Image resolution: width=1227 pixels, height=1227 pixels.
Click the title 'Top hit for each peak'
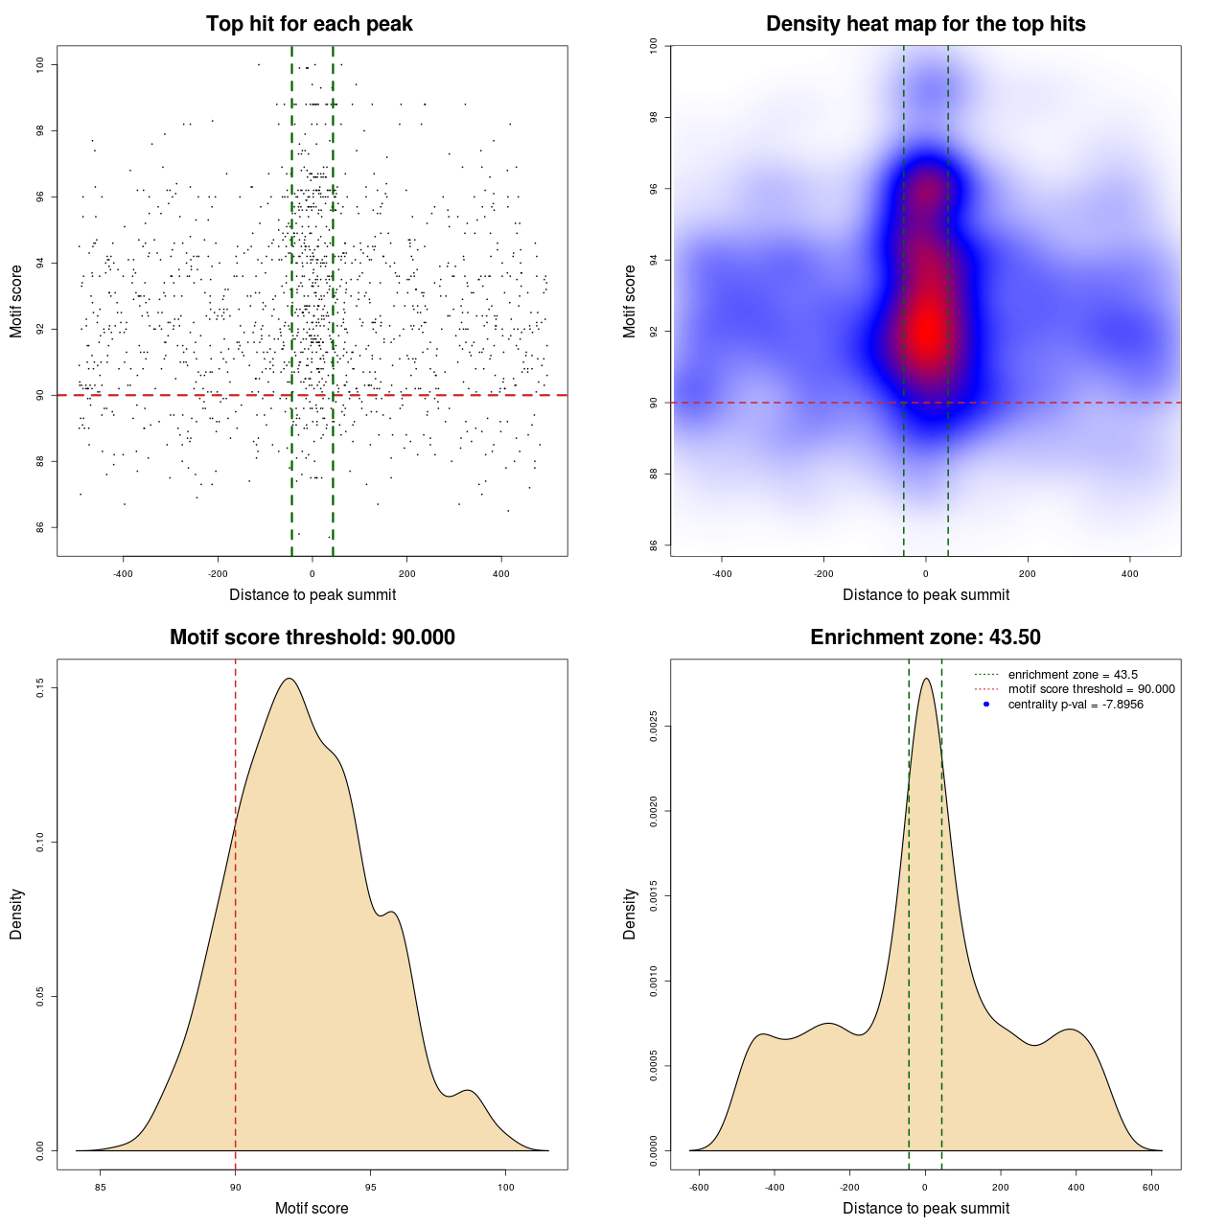(x=309, y=24)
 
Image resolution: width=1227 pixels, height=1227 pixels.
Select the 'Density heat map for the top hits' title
(x=925, y=24)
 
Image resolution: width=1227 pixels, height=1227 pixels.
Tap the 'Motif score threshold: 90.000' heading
(x=312, y=637)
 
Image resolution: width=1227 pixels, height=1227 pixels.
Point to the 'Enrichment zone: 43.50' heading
(x=925, y=637)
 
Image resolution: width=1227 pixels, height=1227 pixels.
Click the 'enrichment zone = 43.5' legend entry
(x=1073, y=675)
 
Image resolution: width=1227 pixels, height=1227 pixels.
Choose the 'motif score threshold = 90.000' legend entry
(x=1091, y=689)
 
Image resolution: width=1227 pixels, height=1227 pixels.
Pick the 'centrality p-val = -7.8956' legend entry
(x=1076, y=705)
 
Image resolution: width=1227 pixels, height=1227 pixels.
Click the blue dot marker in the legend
(x=986, y=705)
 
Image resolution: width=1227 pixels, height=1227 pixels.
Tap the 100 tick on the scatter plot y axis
(x=40, y=64)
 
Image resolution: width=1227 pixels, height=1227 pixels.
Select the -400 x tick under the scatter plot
(x=123, y=574)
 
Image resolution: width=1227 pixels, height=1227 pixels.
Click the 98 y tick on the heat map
(x=654, y=117)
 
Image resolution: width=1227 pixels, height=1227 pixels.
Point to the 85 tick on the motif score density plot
(x=101, y=1187)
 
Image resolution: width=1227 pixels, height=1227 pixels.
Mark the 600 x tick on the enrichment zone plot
(x=1151, y=1187)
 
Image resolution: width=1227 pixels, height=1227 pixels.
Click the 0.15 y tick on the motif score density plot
(x=40, y=688)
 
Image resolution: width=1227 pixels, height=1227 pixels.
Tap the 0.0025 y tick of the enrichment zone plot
(x=654, y=727)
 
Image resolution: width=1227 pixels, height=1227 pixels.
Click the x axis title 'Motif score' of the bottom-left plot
(x=312, y=1208)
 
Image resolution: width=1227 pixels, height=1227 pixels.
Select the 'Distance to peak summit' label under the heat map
(x=925, y=594)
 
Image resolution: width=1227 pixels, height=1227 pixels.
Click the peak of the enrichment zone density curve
(x=926, y=679)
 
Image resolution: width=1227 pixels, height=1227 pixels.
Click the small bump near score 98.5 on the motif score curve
(x=467, y=1091)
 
